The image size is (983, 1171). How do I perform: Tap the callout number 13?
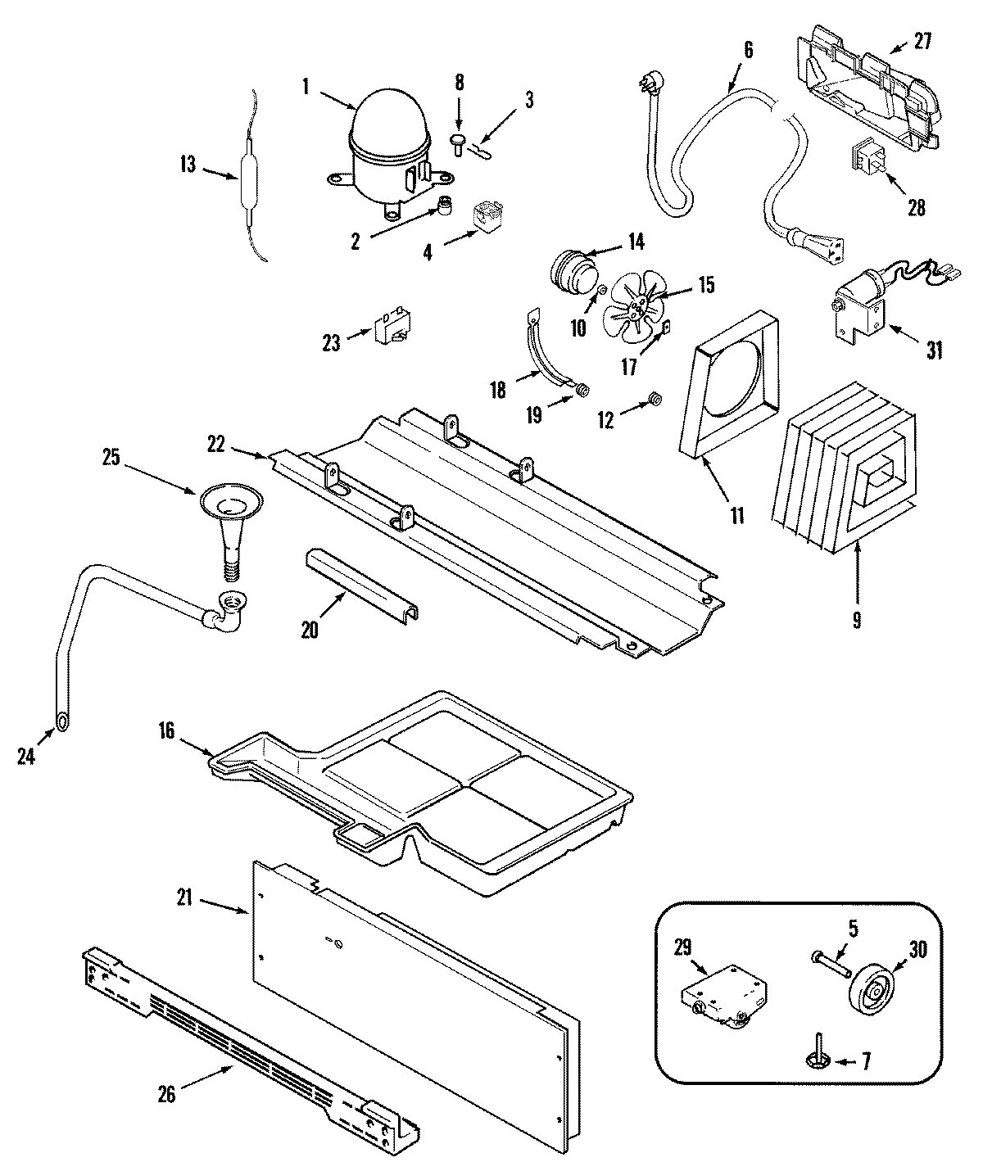[188, 165]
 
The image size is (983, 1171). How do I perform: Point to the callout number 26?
[166, 1095]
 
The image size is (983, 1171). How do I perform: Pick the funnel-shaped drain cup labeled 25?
[229, 516]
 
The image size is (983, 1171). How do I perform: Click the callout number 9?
[856, 620]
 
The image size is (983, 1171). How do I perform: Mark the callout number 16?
[166, 730]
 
